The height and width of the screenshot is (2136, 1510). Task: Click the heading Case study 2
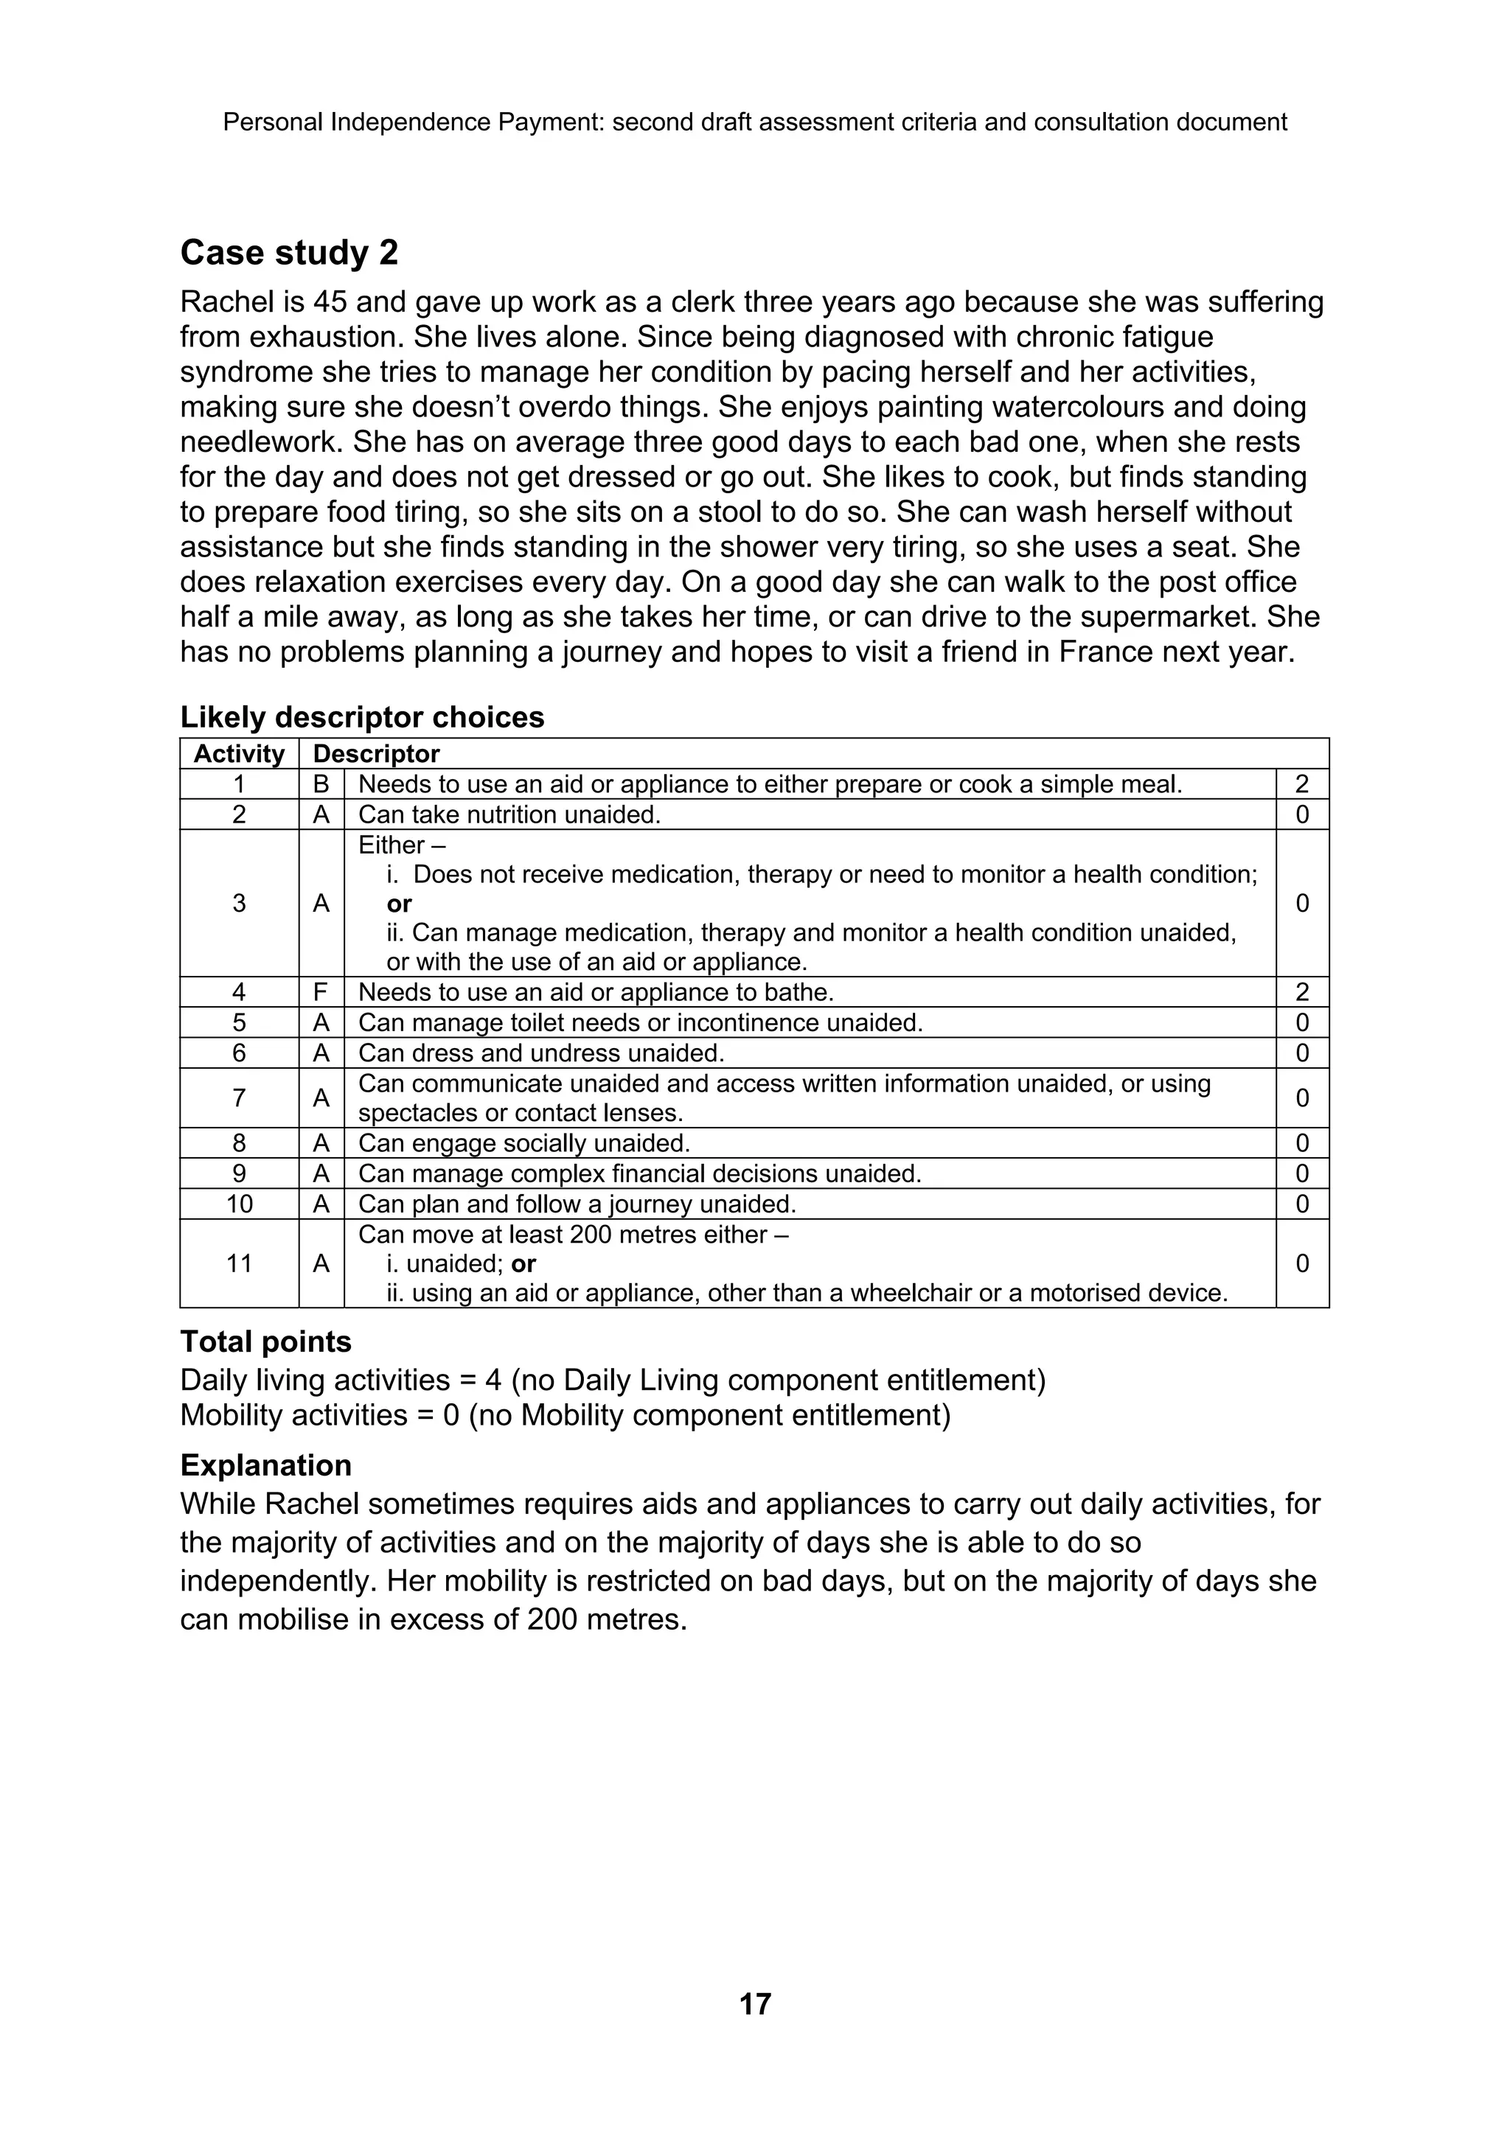point(289,252)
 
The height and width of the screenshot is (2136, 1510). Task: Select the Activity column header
point(238,753)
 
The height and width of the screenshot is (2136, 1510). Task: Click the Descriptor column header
point(376,753)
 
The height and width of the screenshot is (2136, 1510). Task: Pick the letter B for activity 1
point(321,784)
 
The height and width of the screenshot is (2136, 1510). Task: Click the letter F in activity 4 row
point(321,992)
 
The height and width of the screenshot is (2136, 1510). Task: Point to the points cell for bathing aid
point(1301,992)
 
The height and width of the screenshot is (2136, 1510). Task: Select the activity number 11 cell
point(239,1263)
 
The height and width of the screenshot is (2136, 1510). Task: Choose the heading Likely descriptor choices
point(362,716)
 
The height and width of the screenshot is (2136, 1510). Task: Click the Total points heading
point(266,1341)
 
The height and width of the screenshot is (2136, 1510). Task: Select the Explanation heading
point(266,1465)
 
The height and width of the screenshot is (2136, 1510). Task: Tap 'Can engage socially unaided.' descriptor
point(523,1142)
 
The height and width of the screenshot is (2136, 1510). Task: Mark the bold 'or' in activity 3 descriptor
point(399,904)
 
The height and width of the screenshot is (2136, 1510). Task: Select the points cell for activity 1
point(1301,784)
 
